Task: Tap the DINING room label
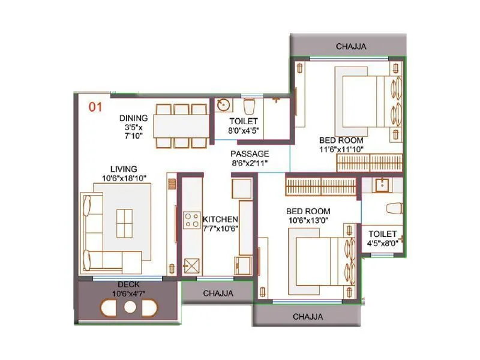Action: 133,118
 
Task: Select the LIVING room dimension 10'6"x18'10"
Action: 123,178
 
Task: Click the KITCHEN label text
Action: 220,219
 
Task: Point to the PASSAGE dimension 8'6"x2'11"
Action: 250,163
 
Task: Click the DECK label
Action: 129,284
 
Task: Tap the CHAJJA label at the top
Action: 351,46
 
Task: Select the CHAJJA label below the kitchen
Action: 218,293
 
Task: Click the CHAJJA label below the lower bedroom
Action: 308,316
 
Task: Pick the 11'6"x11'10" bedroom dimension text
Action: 341,149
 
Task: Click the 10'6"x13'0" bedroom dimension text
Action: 308,221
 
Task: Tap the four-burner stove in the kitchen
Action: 192,220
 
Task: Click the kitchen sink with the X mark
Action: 192,265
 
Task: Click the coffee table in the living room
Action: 125,223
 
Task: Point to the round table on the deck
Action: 130,307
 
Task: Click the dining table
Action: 180,126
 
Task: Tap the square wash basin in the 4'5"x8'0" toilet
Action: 381,185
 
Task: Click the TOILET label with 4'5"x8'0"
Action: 382,234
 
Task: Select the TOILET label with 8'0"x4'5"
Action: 243,121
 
